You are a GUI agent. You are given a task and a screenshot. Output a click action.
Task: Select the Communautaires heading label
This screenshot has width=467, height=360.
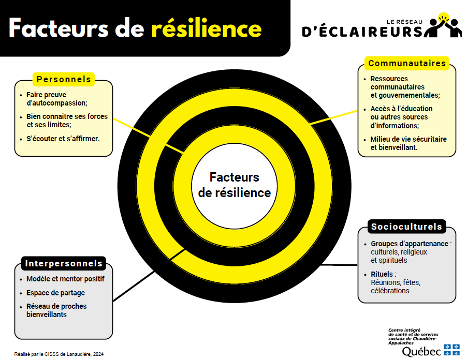(x=407, y=63)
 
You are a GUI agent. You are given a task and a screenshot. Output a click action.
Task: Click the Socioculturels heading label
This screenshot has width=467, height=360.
(x=406, y=227)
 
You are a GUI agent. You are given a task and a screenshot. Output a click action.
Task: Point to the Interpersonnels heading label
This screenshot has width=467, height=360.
(x=64, y=263)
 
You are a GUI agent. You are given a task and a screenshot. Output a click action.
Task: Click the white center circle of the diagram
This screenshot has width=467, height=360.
(x=234, y=185)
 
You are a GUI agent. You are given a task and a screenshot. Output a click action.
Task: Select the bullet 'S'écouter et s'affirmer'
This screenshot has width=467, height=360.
(x=63, y=139)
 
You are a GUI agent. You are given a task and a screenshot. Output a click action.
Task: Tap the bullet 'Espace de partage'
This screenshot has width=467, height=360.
(x=55, y=293)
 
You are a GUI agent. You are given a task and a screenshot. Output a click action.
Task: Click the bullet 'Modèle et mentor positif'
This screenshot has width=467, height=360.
(x=65, y=279)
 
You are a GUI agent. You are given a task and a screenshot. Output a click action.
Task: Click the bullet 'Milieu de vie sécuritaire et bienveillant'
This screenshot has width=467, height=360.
(x=408, y=143)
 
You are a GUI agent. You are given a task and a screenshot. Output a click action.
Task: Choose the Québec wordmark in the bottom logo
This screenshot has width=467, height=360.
(x=421, y=351)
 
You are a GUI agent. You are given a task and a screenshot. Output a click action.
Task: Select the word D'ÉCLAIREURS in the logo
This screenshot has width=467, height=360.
(x=362, y=32)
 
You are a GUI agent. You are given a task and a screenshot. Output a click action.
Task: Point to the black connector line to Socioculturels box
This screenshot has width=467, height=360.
(x=339, y=265)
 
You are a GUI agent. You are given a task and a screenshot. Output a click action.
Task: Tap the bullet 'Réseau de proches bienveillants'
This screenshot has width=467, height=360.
(x=56, y=310)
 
